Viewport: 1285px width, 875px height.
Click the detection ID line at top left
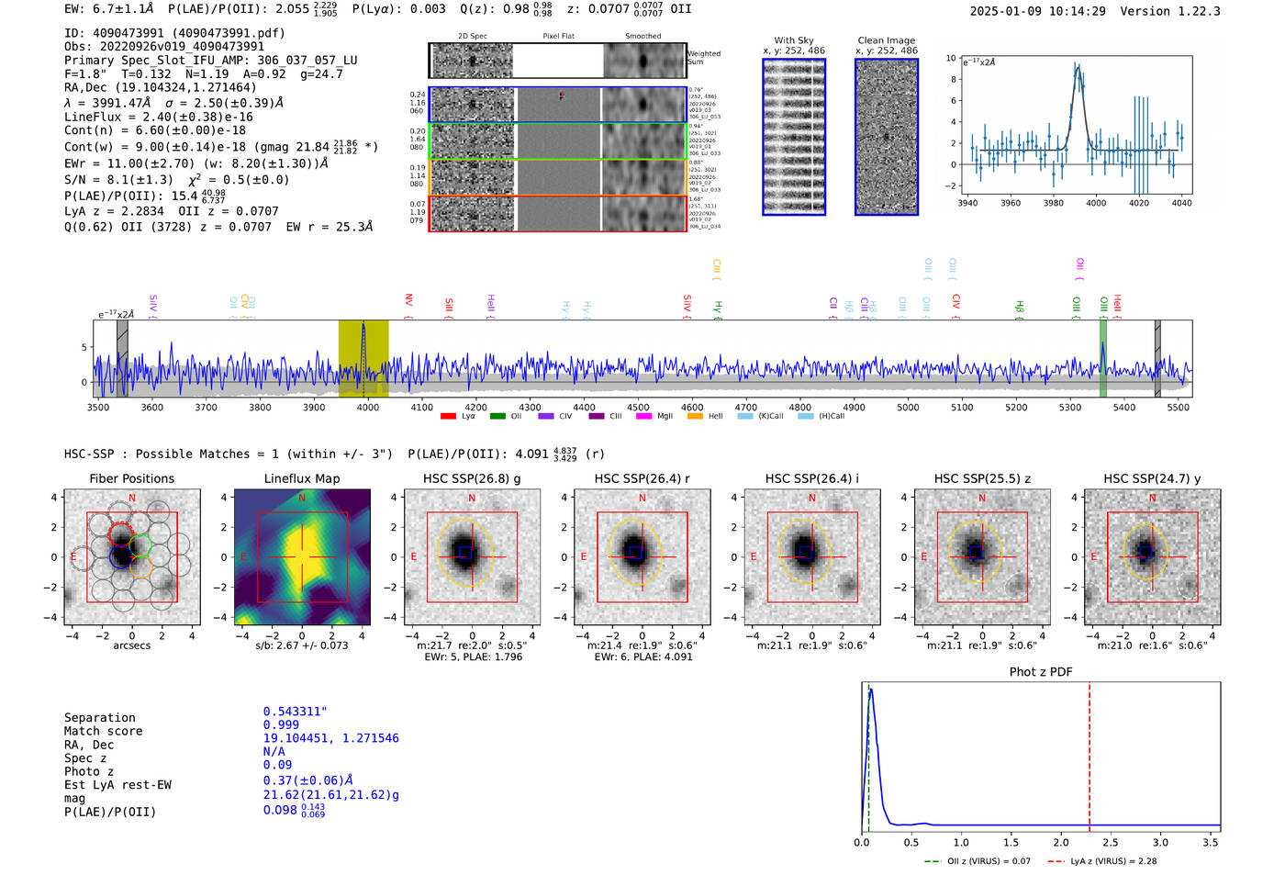tap(174, 33)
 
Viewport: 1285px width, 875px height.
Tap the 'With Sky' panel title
tap(793, 40)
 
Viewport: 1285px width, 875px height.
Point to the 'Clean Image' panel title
tap(886, 40)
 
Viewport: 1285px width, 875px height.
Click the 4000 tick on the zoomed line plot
tap(1096, 203)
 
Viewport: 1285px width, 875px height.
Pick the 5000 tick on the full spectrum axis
tap(908, 407)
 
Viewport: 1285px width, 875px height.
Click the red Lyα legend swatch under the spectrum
tap(449, 417)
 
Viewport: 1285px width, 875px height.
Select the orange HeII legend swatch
tap(695, 417)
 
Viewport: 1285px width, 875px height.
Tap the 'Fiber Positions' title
tap(131, 478)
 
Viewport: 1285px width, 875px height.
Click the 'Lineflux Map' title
tap(301, 478)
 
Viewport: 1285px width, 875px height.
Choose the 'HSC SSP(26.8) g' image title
tap(472, 478)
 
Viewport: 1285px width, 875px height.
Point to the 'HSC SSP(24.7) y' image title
tap(1152, 478)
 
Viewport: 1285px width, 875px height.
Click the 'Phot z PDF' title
tap(1041, 672)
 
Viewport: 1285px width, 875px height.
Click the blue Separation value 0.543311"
tap(295, 712)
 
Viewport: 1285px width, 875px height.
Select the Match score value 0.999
tap(281, 724)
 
